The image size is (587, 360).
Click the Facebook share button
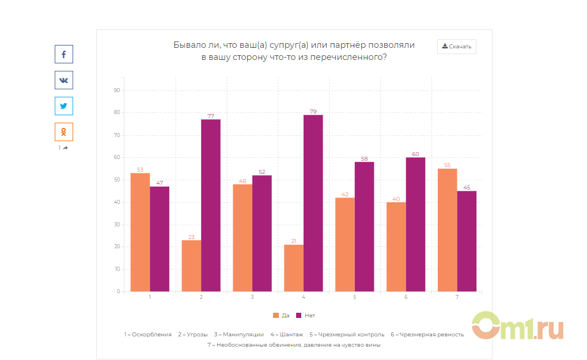point(63,54)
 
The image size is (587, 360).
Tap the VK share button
point(63,80)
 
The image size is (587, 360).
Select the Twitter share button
point(63,106)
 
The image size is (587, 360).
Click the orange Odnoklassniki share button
point(63,132)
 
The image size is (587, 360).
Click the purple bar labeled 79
point(313,203)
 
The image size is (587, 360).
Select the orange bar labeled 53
point(140,232)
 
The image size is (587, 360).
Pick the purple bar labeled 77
point(211,205)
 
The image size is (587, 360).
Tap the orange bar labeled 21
point(294,268)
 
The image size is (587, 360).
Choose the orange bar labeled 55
point(447,230)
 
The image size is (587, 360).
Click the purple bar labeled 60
point(415,224)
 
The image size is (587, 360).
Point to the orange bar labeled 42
point(344,244)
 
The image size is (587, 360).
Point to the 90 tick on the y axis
point(117,90)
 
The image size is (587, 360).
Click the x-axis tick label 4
point(304,297)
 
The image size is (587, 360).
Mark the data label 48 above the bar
point(243,181)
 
